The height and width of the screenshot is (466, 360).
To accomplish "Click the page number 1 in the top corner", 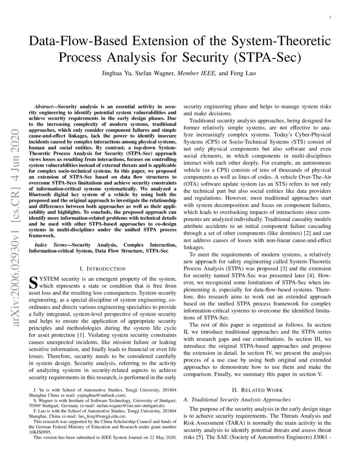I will coord(330,17).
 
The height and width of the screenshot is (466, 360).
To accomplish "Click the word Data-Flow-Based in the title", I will coord(80,42).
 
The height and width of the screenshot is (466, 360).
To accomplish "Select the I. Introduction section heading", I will coord(102,269).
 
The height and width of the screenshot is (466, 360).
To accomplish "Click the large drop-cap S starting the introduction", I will coord(33,282).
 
